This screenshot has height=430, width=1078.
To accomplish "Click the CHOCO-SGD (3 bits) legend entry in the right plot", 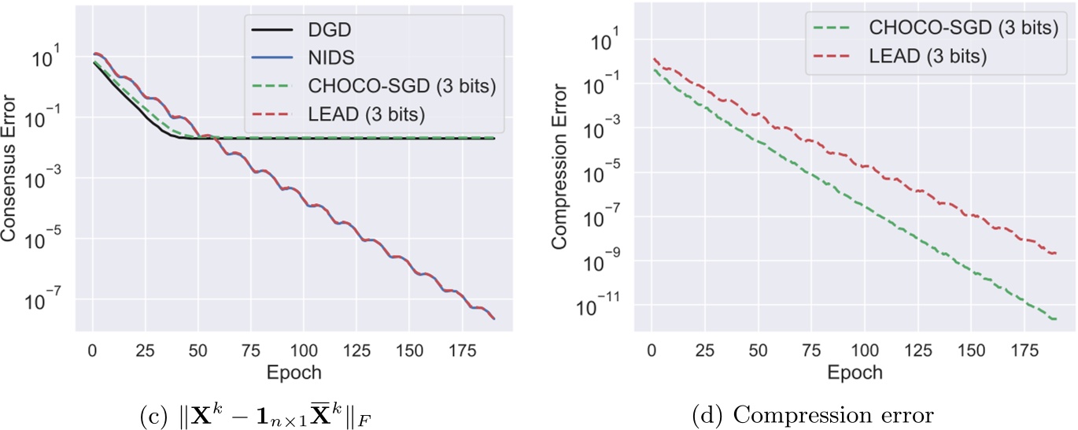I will [x=962, y=28].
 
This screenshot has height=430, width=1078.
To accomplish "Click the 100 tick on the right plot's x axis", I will [x=865, y=349].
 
